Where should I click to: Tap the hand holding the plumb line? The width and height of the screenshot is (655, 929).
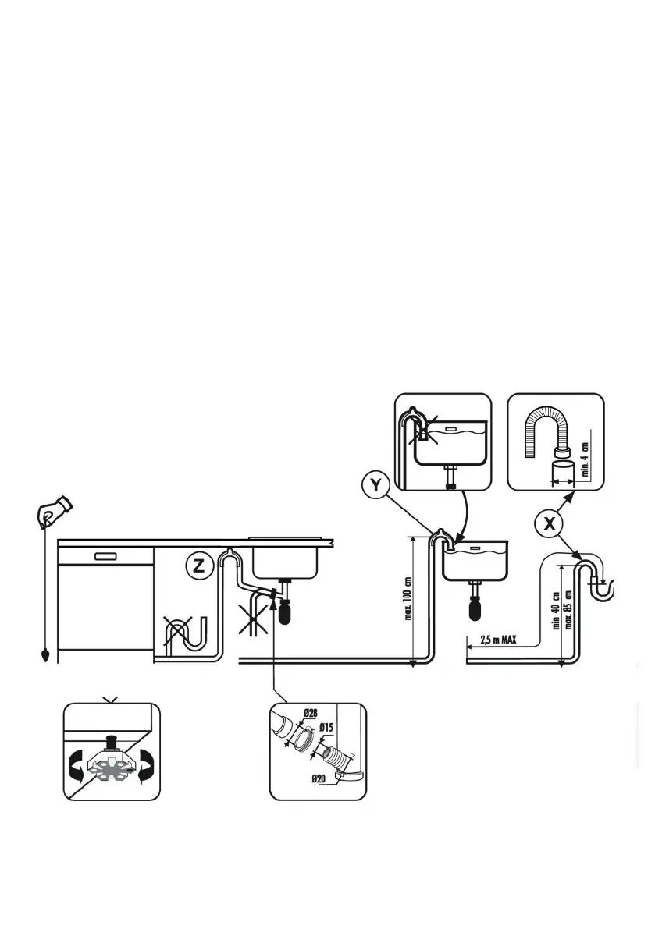point(54,510)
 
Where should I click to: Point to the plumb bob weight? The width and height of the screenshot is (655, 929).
point(46,654)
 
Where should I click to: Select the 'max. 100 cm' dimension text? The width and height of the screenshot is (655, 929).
point(408,598)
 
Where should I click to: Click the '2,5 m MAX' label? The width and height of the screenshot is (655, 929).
point(498,640)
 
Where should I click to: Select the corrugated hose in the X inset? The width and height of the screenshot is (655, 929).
point(546,430)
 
